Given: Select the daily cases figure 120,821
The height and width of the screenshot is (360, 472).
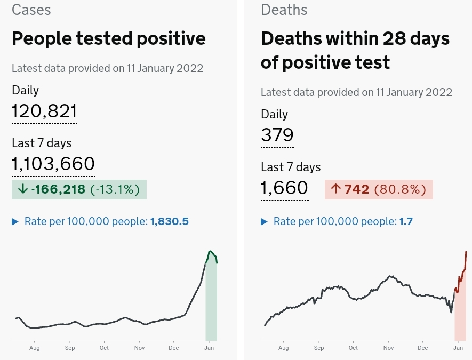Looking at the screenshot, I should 44,111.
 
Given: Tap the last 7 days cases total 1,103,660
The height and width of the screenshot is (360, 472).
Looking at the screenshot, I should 53,164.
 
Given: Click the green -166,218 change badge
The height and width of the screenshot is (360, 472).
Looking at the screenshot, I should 79,189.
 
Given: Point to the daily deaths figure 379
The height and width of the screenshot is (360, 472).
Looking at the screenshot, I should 277,134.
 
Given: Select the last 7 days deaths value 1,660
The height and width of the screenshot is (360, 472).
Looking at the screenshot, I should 284,188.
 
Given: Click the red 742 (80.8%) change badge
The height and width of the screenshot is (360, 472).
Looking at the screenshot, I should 379,189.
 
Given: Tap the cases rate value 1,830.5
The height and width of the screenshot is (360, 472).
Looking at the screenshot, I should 170,221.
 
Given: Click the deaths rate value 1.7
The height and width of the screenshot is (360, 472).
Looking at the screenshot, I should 406,221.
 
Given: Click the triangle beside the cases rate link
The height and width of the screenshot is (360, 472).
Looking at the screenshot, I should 15,221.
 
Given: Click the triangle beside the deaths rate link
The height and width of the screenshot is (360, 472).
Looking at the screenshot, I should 264,221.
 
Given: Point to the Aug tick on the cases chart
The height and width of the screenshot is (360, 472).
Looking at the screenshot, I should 34,348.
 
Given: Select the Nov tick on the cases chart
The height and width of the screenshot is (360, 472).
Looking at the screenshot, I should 139,348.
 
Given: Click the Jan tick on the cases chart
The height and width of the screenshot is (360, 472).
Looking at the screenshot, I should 209,348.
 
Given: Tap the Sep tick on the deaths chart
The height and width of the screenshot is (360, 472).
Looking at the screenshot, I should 319,348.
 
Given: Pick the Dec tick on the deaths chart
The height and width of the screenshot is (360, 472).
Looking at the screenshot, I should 422,348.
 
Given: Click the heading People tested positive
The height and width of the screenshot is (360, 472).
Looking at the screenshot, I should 108,38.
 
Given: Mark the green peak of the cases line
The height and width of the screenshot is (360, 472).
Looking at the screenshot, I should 210,251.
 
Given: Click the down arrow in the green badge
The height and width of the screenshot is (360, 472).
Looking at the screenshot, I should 22,189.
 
